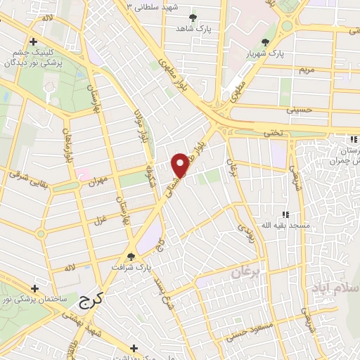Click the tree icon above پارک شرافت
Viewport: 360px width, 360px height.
tap(130, 257)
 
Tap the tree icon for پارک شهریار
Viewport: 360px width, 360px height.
tap(265, 42)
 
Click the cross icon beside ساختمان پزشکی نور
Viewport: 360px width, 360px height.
tap(34, 288)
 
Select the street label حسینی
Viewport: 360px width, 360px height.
tap(297, 110)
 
